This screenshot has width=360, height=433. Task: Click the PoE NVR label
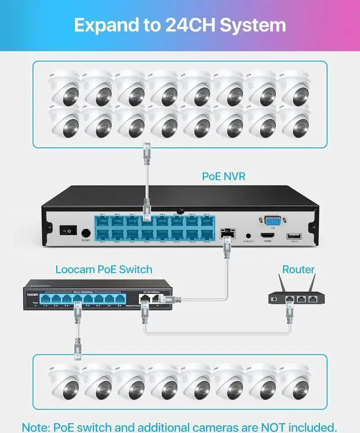223,177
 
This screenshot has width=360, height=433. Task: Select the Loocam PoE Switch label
103,269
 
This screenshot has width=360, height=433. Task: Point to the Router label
298,269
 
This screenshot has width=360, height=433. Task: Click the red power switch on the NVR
69,231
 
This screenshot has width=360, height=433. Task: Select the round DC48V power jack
87,232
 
